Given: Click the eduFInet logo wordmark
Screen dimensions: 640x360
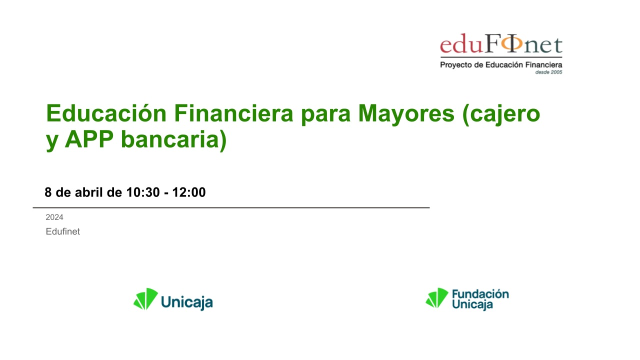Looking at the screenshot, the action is (x=501, y=43).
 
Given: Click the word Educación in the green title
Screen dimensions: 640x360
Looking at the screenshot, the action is (x=106, y=113).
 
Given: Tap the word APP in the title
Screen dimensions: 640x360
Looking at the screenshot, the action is (x=89, y=139).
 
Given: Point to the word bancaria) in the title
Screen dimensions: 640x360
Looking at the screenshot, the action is (x=173, y=140).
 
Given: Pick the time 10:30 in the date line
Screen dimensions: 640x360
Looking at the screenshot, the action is (x=143, y=192).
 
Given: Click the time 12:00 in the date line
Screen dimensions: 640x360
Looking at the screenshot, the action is (x=189, y=192).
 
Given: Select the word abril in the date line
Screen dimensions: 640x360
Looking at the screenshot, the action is (x=89, y=192).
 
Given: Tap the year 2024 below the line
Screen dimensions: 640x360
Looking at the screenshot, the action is (x=54, y=217).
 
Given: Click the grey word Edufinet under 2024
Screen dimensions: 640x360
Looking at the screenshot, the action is (x=63, y=231).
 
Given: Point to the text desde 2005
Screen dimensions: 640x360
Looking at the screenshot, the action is (x=548, y=72).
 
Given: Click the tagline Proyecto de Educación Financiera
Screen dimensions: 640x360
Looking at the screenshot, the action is (x=501, y=65).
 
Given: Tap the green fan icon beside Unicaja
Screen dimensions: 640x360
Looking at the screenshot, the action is (x=145, y=299).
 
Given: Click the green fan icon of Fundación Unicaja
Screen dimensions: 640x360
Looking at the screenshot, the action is (x=437, y=297).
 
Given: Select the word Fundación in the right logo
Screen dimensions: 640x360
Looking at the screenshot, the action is (x=480, y=293).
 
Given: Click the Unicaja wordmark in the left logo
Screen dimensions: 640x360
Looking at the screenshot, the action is (x=187, y=302).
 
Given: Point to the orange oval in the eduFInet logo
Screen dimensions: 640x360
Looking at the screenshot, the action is (x=512, y=43).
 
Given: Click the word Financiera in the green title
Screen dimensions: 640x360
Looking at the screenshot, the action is (x=233, y=113).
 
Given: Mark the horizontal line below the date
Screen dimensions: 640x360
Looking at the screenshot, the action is (x=231, y=207).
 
